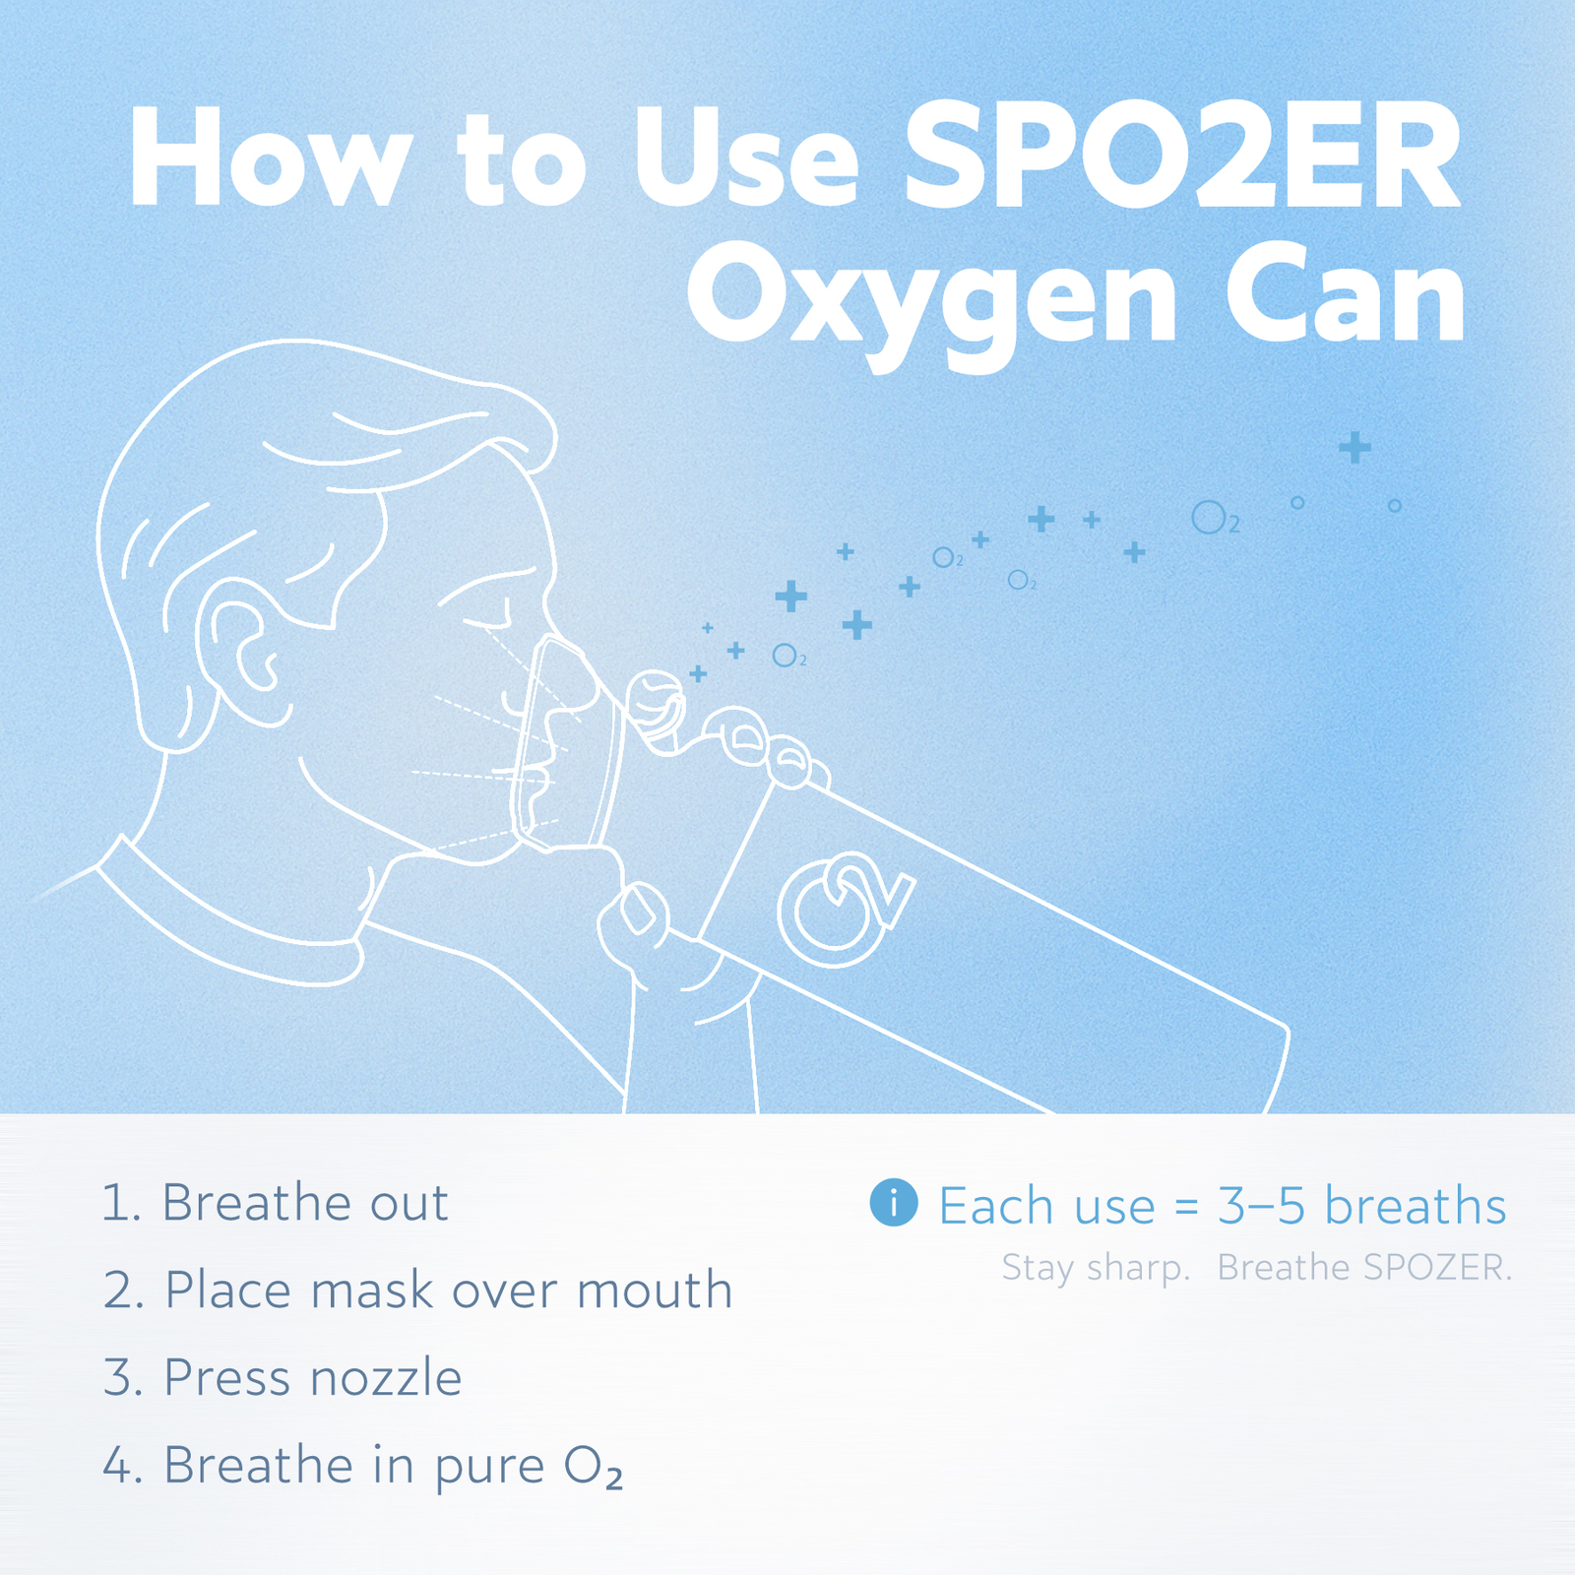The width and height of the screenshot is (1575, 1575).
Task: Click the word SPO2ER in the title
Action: [x=1181, y=157]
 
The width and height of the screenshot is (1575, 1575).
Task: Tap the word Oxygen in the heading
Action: [x=930, y=300]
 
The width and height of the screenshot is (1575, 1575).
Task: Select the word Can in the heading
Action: [x=1344, y=295]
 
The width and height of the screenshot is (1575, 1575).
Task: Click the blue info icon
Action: [x=894, y=1203]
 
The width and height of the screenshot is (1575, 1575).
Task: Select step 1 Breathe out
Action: [x=276, y=1203]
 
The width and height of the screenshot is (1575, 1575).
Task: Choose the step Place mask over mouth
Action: [x=418, y=1291]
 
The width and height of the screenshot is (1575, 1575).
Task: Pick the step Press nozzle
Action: [x=283, y=1377]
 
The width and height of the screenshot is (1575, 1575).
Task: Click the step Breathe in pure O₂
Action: [x=363, y=1466]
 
